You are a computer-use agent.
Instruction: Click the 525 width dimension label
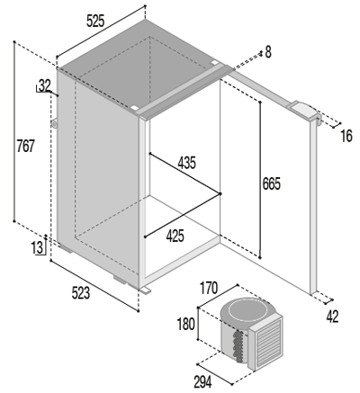(x=95, y=22)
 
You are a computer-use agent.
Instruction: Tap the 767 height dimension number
(x=25, y=146)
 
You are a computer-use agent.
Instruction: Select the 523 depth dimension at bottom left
(x=81, y=292)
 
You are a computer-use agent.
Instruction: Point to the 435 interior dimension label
(x=186, y=163)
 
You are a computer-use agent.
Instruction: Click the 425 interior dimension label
(x=175, y=236)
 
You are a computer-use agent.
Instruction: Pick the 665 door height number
(x=271, y=183)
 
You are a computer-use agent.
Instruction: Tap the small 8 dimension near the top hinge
(x=268, y=52)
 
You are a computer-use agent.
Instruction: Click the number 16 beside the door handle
(x=346, y=137)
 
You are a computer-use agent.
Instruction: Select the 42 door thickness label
(x=332, y=317)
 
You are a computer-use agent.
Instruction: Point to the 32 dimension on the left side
(x=45, y=86)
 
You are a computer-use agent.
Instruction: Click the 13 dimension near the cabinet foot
(x=38, y=248)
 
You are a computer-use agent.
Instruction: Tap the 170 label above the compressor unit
(x=209, y=288)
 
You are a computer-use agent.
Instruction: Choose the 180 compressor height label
(x=186, y=324)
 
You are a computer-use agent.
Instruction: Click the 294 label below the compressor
(x=202, y=382)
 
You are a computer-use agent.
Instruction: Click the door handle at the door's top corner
(x=304, y=111)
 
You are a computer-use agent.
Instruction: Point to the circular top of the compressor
(x=247, y=310)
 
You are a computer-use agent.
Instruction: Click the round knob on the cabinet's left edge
(x=54, y=123)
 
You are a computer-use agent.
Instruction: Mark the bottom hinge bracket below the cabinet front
(x=146, y=290)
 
